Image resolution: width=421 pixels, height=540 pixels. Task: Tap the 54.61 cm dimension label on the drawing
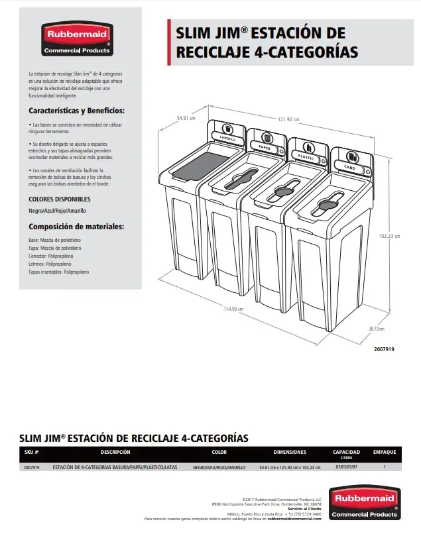click(x=187, y=118)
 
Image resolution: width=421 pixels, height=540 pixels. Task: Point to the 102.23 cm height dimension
click(x=389, y=236)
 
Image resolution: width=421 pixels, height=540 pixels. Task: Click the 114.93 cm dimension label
click(x=233, y=308)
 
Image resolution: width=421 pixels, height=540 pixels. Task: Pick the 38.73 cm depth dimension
click(x=377, y=329)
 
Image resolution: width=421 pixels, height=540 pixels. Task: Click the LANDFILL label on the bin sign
click(x=227, y=138)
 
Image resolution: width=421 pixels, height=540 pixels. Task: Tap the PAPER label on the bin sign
click(x=265, y=147)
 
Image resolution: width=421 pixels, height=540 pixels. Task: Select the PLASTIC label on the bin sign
click(x=306, y=157)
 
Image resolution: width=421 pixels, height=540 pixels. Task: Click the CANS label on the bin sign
click(x=349, y=168)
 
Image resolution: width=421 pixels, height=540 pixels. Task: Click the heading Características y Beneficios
click(x=76, y=111)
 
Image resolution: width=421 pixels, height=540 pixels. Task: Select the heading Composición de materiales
click(x=76, y=227)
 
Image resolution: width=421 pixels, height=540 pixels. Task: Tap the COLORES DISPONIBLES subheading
click(x=60, y=199)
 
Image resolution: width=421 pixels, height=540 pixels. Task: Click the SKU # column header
click(x=32, y=452)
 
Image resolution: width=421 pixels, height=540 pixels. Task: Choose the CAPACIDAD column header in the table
click(x=346, y=452)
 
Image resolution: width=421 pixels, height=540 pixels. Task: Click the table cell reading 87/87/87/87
click(x=346, y=467)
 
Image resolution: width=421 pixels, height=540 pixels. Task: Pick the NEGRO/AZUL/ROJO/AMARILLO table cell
click(x=219, y=467)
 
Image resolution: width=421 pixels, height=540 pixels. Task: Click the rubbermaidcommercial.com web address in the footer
click(x=294, y=519)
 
